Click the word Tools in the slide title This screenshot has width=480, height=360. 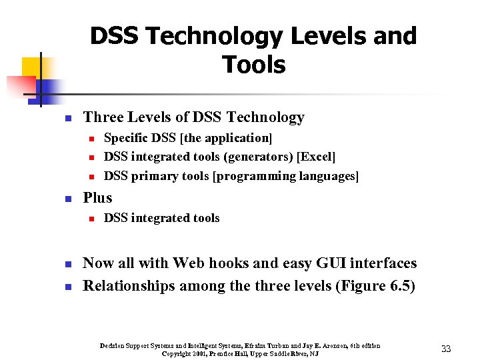coord(253,65)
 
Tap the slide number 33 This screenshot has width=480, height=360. coord(446,349)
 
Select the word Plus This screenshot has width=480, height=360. coord(97,197)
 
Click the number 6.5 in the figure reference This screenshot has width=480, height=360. coord(397,286)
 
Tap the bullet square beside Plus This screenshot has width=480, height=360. coord(67,199)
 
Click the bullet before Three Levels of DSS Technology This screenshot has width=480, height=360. coord(67,119)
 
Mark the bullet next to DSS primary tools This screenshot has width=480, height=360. coord(90,177)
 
